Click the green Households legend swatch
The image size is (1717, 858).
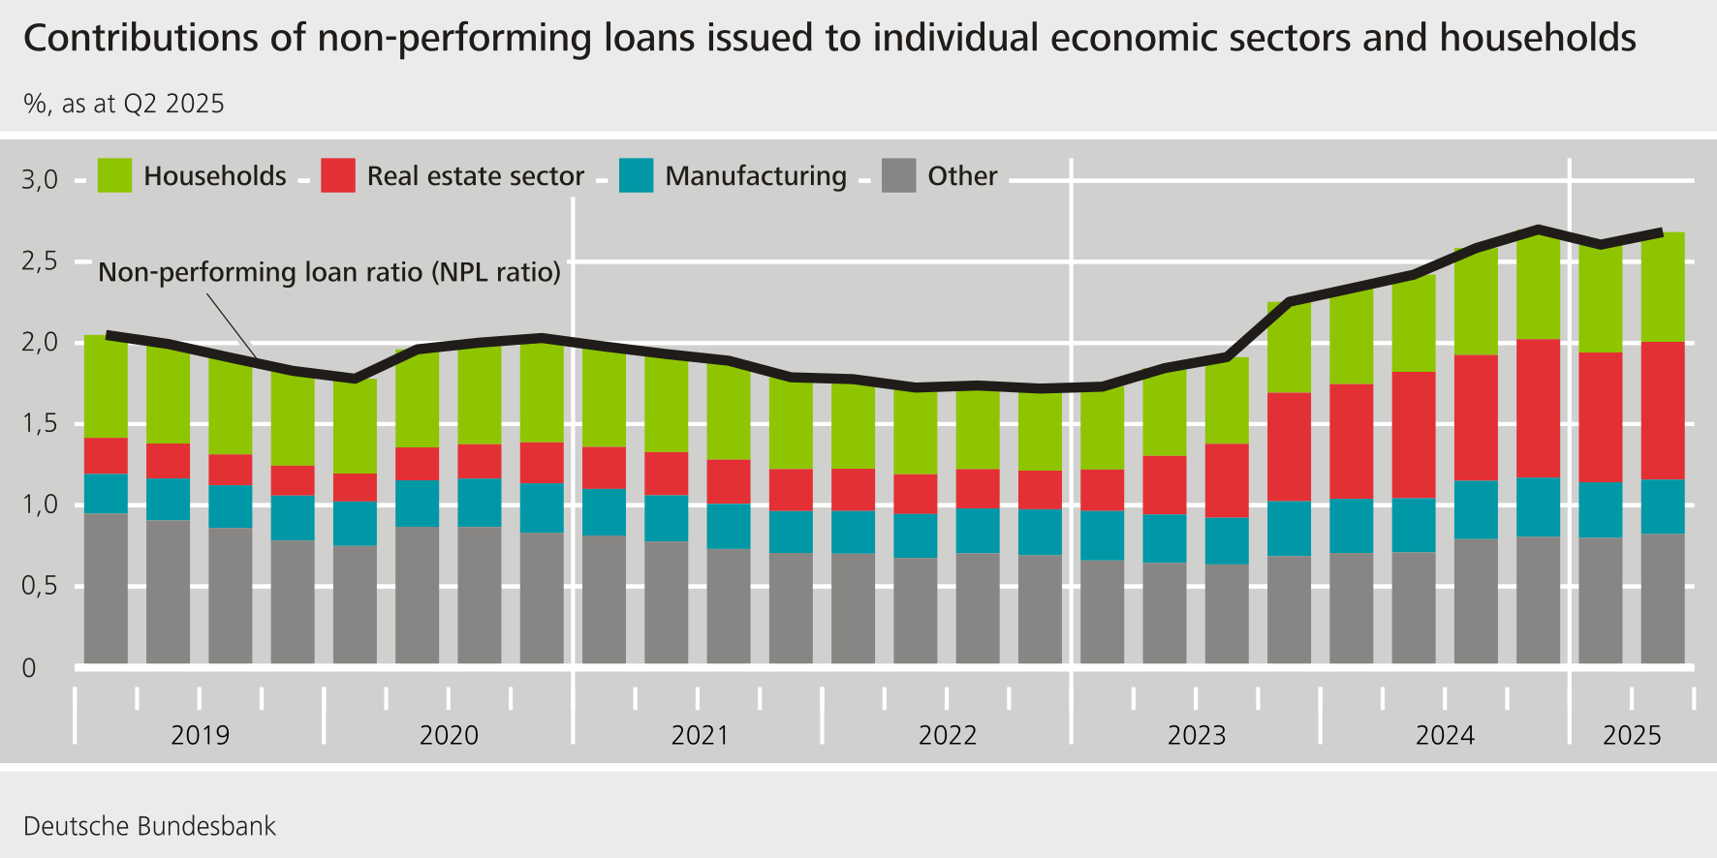point(114,175)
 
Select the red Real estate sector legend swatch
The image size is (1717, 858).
point(338,175)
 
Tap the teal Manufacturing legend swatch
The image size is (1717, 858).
point(636,175)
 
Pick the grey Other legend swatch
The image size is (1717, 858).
point(898,175)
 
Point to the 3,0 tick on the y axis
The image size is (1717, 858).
point(40,179)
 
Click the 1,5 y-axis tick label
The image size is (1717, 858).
point(40,423)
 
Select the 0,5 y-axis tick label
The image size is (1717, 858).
point(40,586)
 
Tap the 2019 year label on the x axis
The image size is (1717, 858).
point(200,735)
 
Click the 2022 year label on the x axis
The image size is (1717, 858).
point(947,735)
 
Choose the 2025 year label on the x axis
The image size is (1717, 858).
point(1632,735)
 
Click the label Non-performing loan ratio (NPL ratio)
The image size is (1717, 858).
point(329,272)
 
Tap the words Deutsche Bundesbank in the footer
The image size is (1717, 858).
point(149,826)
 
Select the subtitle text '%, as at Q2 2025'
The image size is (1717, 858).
point(124,104)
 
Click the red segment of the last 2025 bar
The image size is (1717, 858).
point(1662,411)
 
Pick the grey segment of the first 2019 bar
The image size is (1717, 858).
point(106,588)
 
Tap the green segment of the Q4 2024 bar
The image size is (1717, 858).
point(1538,288)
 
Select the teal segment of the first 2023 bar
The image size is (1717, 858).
point(1102,535)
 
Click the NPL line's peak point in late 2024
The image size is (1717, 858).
point(1538,230)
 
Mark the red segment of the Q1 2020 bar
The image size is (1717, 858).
point(355,487)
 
